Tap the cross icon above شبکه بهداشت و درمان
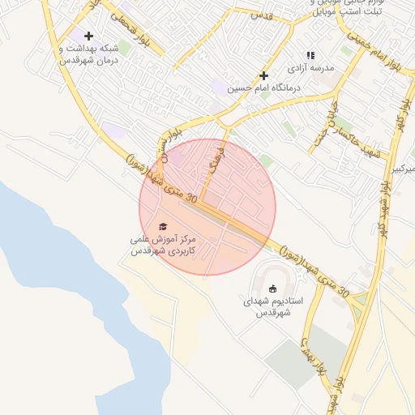click(88, 36)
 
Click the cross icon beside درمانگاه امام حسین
click(263, 75)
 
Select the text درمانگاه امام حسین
click(264, 88)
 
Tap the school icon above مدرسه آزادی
click(310, 56)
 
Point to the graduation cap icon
click(163, 227)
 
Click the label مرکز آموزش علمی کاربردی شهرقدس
click(164, 246)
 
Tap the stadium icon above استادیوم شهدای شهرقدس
click(273, 289)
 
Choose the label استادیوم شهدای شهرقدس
click(273, 306)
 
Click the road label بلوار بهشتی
click(312, 356)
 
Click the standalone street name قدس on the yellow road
click(260, 15)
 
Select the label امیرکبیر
click(403, 169)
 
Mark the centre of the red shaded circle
click(207, 207)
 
